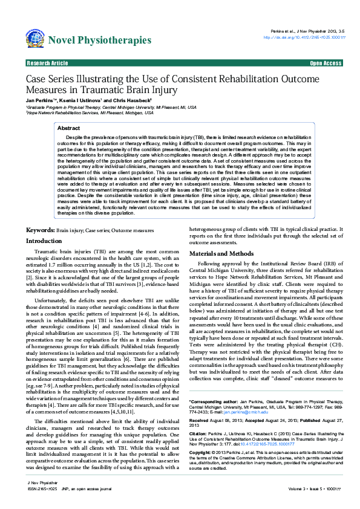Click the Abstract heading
point(68,128)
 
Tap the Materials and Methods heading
point(221,236)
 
